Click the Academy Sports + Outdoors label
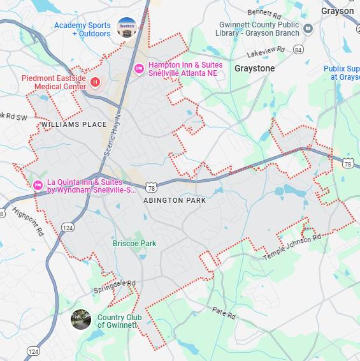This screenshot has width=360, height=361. click(82, 29)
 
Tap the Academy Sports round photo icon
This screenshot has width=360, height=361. click(127, 28)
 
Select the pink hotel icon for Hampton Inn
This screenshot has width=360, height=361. click(140, 69)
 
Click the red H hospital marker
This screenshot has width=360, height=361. click(95, 82)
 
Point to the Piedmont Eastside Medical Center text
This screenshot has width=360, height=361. click(54, 82)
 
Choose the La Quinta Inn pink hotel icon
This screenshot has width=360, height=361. click(38, 186)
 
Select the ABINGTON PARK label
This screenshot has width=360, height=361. click(175, 200)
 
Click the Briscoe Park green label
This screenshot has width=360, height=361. click(134, 244)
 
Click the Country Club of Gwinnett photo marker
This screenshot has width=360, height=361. click(81, 320)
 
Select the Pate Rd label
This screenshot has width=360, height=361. click(224, 313)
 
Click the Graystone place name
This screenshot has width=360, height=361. click(255, 68)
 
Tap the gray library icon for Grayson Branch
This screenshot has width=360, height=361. click(308, 28)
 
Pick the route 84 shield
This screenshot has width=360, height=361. click(298, 49)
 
